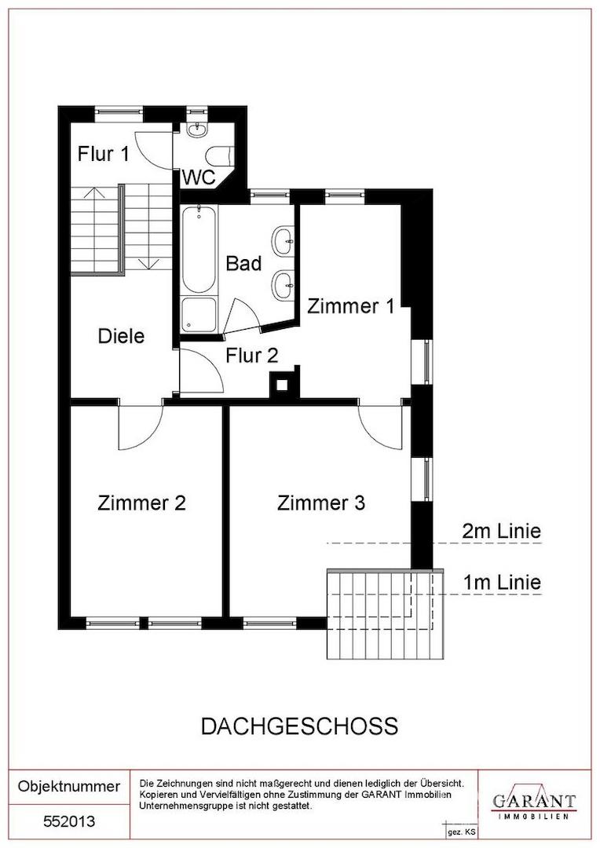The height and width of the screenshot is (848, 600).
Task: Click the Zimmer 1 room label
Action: [x=350, y=306]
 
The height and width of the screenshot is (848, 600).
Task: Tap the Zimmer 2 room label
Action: [x=141, y=503]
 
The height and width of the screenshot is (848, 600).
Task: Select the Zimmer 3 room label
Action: [x=321, y=503]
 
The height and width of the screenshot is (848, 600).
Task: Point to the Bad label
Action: [x=243, y=263]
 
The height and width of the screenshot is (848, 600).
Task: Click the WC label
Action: [x=199, y=177]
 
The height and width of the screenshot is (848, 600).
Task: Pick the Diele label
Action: [x=121, y=336]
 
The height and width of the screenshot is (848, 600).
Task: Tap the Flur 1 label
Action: [x=104, y=154]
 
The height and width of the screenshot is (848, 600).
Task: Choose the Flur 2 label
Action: [x=252, y=356]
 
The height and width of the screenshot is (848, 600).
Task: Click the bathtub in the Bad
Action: [x=199, y=249]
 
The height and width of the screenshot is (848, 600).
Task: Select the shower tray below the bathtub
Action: [x=199, y=315]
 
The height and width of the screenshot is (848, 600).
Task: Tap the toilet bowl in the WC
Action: [x=220, y=155]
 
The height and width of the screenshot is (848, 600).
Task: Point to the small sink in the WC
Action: [x=196, y=130]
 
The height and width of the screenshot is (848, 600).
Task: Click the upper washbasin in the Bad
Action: [x=284, y=240]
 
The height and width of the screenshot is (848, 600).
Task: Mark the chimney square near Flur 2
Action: [x=282, y=385]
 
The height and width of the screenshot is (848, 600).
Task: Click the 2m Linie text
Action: [x=501, y=531]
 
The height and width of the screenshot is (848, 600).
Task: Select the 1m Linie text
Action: [x=502, y=583]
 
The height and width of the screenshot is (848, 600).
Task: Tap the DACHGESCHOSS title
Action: [x=300, y=726]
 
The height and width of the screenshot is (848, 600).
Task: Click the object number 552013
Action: [x=69, y=821]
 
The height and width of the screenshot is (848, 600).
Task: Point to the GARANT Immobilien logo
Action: [x=533, y=801]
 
